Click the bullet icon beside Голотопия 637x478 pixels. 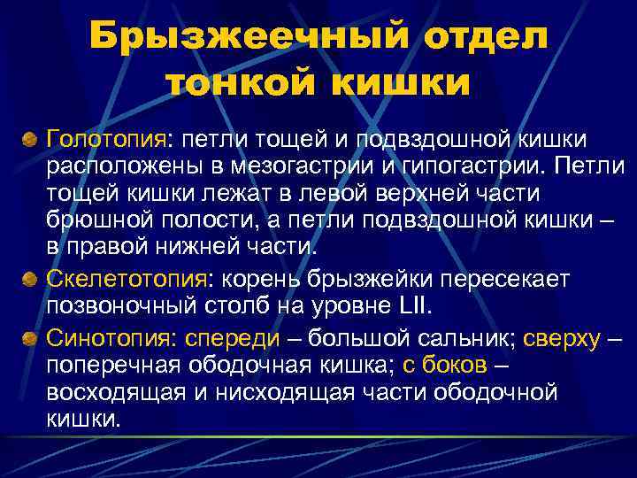click(30, 139)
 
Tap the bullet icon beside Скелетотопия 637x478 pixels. click(30, 280)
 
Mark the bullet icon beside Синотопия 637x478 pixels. click(30, 337)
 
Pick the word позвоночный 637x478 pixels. click(130, 307)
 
